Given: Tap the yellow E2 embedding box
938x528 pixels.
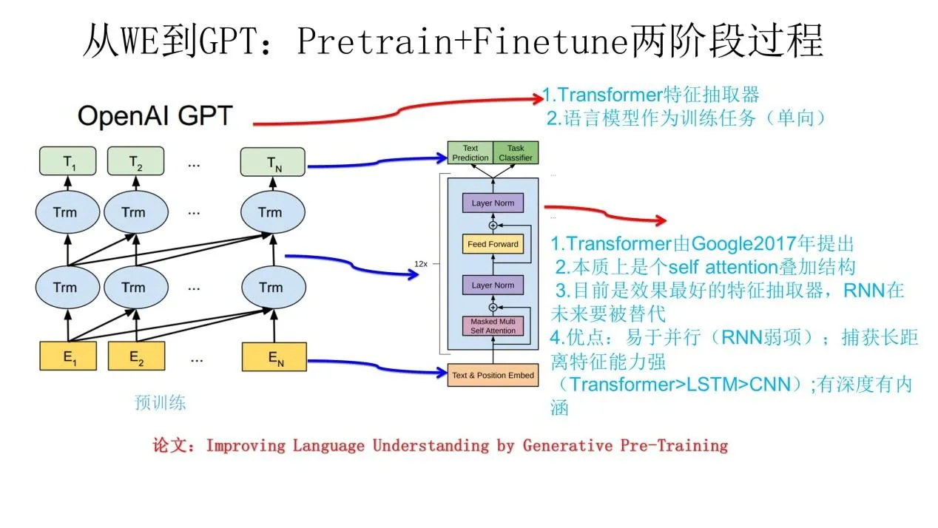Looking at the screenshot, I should coord(135,357).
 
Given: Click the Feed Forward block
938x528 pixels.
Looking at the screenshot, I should coord(493,244).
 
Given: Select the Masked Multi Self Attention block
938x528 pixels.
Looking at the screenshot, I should coord(493,325).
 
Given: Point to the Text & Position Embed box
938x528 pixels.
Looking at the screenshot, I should coord(493,376).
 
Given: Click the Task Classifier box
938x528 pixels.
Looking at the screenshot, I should coord(515,153).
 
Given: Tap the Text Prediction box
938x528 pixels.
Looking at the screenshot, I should coord(470,153).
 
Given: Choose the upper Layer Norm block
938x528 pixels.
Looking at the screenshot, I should coord(493,203).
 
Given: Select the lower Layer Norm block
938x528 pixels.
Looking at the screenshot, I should coord(493,285).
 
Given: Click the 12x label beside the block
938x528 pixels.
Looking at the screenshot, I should coord(422,263).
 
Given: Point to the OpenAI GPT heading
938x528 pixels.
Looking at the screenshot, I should coord(155,116).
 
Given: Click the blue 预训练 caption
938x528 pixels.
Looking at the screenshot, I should coord(161,403).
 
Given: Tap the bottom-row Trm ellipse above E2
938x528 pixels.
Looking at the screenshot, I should coord(134,286).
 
